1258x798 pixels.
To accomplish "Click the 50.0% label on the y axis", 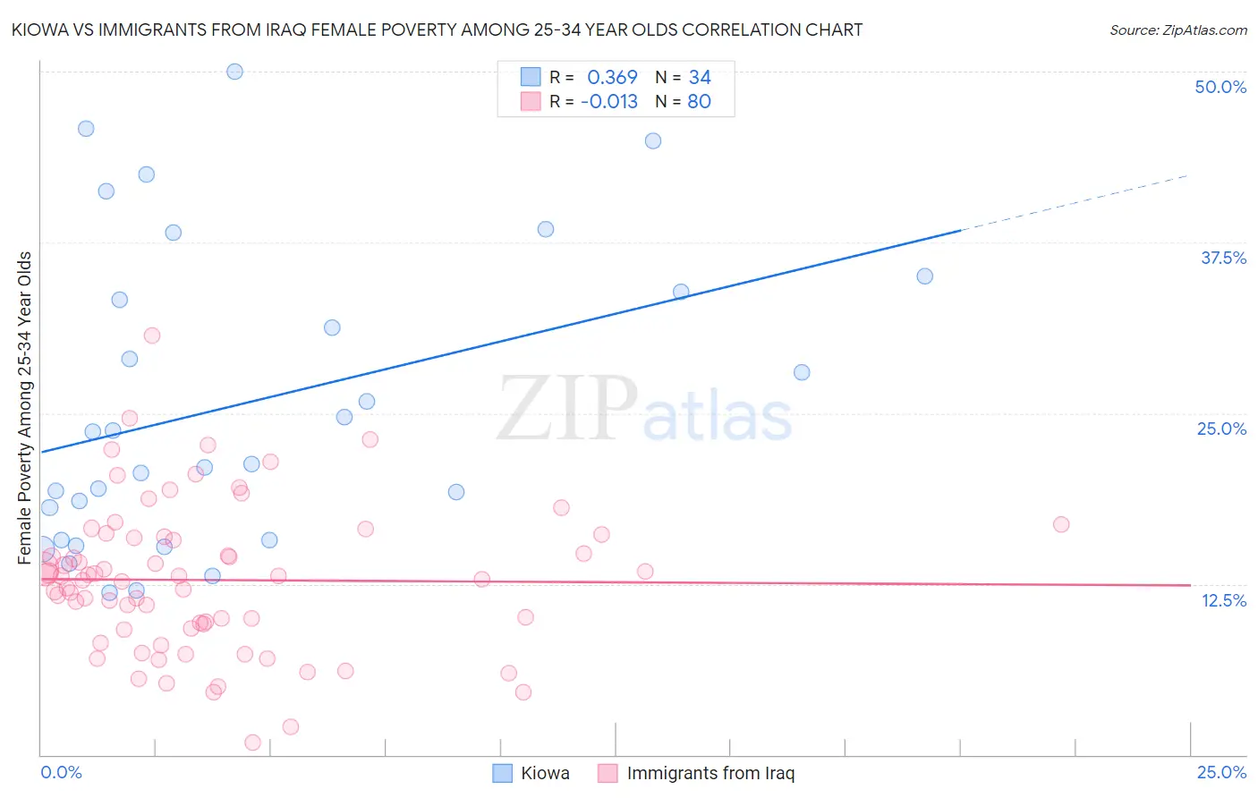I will click(1220, 87).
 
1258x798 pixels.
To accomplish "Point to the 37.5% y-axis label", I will click(1223, 258).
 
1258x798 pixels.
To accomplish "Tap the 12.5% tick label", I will click(1223, 600).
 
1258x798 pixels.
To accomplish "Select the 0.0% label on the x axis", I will click(61, 772).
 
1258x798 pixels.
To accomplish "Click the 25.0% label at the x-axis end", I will click(1221, 772).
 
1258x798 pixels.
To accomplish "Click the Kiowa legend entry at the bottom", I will click(544, 773).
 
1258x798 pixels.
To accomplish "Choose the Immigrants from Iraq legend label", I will click(710, 773).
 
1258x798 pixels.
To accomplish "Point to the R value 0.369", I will click(612, 78).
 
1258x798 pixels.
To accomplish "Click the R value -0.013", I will click(608, 102).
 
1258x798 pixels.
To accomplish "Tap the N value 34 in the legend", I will click(700, 78).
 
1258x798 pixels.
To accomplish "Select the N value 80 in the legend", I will click(699, 102).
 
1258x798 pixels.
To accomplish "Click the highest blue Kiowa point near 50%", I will click(234, 72).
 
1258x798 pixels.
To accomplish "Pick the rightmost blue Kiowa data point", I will click(924, 276).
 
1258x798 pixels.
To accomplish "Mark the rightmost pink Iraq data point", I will click(1061, 524).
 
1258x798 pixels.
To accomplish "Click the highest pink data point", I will click(152, 335).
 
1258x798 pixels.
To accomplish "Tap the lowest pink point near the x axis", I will click(252, 743).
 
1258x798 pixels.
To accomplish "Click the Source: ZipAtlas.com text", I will click(1177, 30).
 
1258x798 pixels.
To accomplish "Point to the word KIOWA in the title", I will click(37, 30).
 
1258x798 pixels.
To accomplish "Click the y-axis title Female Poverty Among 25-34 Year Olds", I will click(25, 407).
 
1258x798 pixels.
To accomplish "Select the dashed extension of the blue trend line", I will click(1074, 202).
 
